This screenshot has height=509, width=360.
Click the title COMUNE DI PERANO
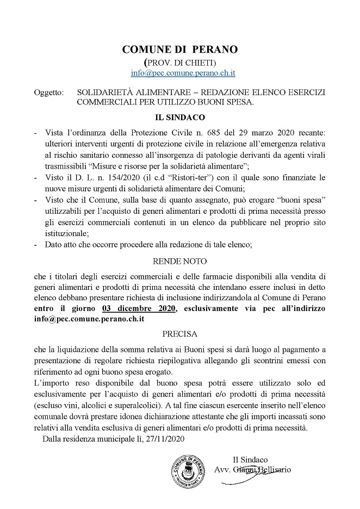[180, 49]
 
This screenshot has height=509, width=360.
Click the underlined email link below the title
[183, 72]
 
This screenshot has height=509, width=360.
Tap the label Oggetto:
[48, 92]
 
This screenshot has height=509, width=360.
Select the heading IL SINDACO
[179, 117]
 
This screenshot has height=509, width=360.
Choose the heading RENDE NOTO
[179, 261]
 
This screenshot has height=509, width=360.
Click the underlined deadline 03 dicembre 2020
[143, 308]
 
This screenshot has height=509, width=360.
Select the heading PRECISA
[179, 333]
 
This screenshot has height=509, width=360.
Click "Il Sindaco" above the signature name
[249, 460]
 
